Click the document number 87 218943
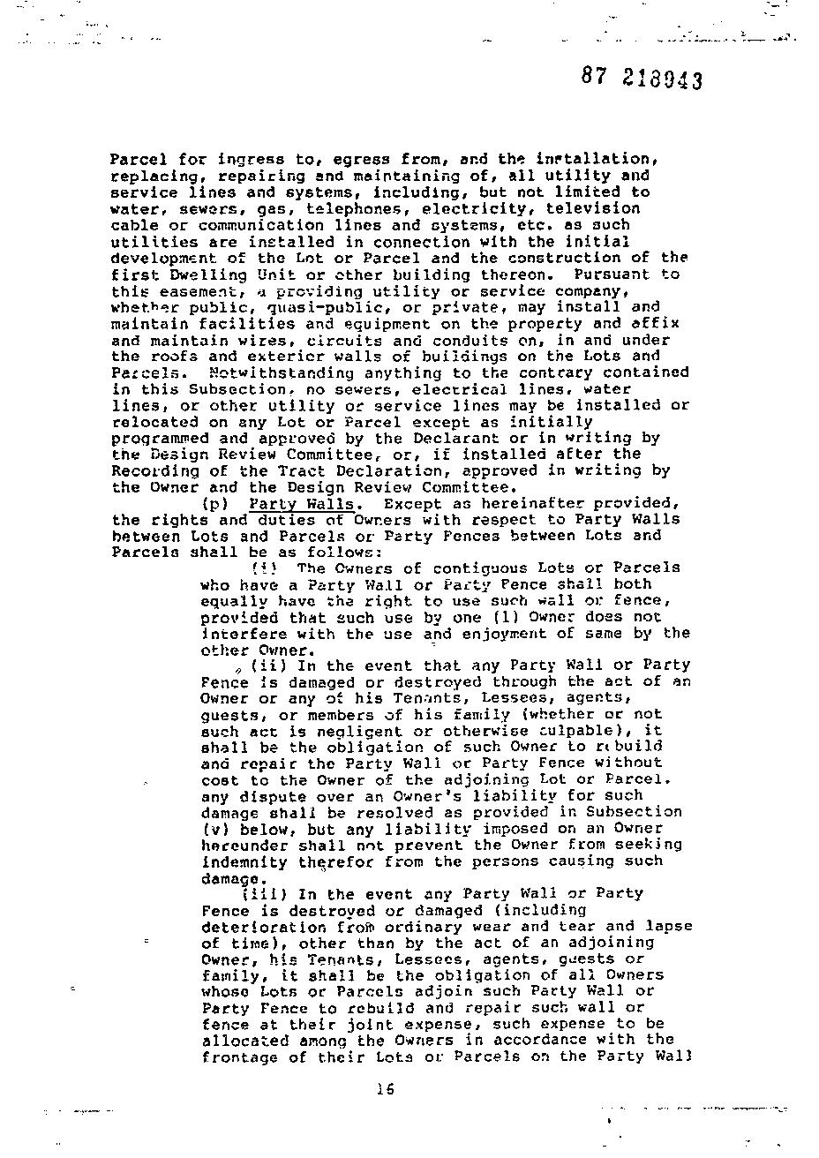(642, 79)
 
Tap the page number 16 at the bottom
(384, 1089)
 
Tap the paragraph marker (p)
(215, 504)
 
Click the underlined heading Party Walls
(302, 504)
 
